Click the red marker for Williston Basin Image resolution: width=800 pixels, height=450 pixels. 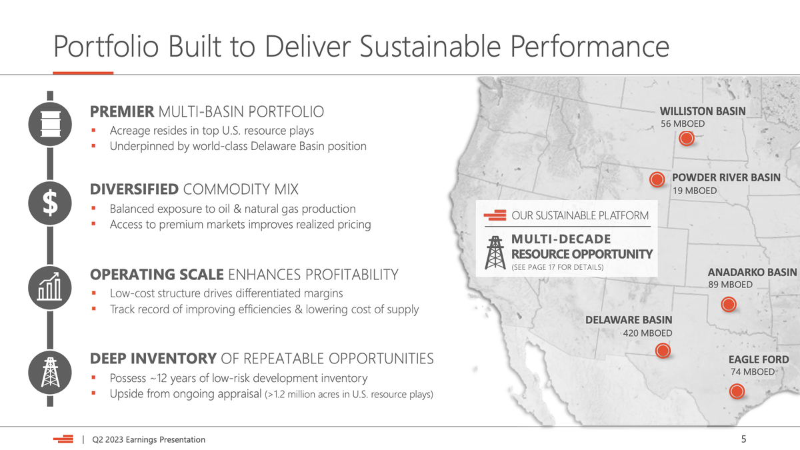[686, 138]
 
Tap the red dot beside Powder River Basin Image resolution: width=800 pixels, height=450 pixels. [657, 179]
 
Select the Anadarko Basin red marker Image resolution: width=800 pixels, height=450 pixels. [729, 304]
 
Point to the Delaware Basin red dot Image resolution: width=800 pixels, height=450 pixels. [663, 351]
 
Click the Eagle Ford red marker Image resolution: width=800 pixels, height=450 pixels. [737, 391]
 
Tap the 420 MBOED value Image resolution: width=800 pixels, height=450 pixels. [647, 333]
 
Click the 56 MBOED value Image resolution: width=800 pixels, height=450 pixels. [683, 124]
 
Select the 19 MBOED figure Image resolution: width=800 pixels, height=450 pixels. [695, 191]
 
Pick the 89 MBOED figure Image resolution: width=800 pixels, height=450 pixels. [731, 285]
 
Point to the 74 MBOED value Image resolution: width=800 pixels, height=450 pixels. [753, 372]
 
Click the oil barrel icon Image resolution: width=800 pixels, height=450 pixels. [50, 124]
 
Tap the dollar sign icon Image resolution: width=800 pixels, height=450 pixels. [50, 203]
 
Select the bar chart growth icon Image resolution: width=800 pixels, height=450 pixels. [50, 288]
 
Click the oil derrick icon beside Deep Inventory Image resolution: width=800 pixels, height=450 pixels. [50, 373]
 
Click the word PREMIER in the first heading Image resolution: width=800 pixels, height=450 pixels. [122, 112]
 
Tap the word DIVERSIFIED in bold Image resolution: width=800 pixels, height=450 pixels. [134, 189]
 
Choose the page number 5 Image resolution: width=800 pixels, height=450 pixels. [743, 439]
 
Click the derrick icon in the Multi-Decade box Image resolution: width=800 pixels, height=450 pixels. [495, 253]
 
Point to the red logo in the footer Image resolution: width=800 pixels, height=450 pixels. [63, 439]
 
